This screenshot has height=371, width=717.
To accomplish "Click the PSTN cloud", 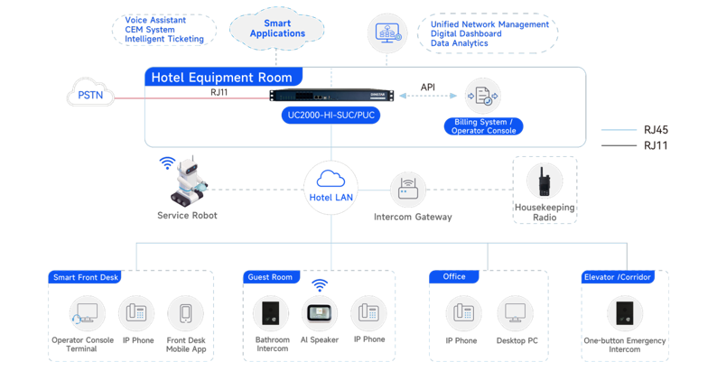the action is tap(90, 93).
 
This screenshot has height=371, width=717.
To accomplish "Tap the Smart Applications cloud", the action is tap(276, 28).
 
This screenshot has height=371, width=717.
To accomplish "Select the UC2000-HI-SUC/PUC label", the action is tap(331, 116).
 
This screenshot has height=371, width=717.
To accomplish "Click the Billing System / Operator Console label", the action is tap(483, 126).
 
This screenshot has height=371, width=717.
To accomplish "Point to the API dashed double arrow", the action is tap(428, 96).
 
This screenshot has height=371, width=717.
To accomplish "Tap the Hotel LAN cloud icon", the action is tap(331, 178).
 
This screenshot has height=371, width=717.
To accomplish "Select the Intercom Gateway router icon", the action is tap(408, 190).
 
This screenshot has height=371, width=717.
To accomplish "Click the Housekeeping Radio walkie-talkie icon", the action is tap(545, 181).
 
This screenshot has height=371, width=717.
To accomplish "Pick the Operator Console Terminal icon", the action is tap(87, 313).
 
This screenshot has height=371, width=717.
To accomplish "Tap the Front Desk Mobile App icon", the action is tap(186, 313).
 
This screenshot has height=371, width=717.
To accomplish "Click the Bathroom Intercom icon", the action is tap(271, 313).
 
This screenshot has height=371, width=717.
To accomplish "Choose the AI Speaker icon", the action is tap(320, 313).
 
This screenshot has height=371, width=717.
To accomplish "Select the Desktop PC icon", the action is tap(515, 313).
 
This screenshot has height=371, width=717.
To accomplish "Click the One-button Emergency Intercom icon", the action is tap(625, 313).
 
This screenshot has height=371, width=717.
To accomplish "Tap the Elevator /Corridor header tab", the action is tap(618, 277).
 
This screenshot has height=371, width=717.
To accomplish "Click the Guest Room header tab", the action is tap(271, 277).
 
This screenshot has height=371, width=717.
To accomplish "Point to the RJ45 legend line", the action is tap(619, 130).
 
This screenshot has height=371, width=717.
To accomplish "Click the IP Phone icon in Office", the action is tap(463, 313).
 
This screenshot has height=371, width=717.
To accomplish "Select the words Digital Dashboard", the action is tap(466, 33).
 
